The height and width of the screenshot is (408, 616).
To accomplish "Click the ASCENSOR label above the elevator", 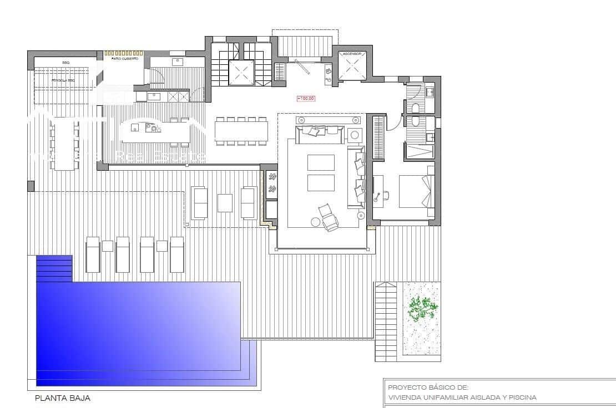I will point(352,54).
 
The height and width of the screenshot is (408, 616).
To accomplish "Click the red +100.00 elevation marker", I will point(306,98).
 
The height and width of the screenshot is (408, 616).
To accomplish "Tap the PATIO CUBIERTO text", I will point(124,58).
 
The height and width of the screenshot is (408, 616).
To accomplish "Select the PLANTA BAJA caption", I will point(62,398).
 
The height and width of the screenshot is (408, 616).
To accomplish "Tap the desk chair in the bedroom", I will point(384,195).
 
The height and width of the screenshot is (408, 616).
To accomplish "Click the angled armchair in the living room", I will point(328,216).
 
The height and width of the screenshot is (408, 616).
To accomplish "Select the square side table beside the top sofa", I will point(355,135).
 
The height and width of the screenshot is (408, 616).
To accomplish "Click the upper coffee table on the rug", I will point(321,162).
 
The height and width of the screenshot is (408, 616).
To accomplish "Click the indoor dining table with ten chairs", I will point(241,131).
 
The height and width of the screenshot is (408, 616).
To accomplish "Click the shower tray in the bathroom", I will point(420,150).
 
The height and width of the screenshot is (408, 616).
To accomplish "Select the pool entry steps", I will point(54,268).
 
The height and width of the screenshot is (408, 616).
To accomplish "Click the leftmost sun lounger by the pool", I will point(93,254).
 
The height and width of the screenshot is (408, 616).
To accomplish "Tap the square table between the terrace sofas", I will point(225,203).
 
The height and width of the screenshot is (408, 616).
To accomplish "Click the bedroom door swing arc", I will point(395,125).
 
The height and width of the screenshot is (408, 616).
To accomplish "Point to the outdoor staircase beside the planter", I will point(386,322).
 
